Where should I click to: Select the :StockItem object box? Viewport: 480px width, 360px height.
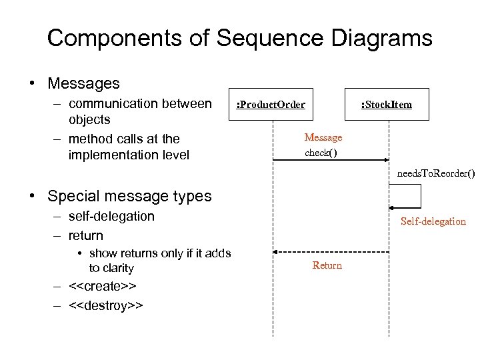coord(387,104)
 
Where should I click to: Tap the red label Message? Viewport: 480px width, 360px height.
coord(323,137)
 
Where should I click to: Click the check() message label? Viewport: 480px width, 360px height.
coord(321,153)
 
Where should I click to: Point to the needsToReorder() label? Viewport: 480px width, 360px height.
coord(436,174)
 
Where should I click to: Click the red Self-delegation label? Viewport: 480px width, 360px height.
coord(433,221)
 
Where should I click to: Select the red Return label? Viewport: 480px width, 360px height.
coord(327,265)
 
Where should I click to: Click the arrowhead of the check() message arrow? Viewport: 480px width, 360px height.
coord(386,160)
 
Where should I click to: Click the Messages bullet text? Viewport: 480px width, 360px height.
coord(83,83)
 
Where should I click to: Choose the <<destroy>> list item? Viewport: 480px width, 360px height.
coord(105,305)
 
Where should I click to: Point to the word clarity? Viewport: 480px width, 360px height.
coord(111,268)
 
